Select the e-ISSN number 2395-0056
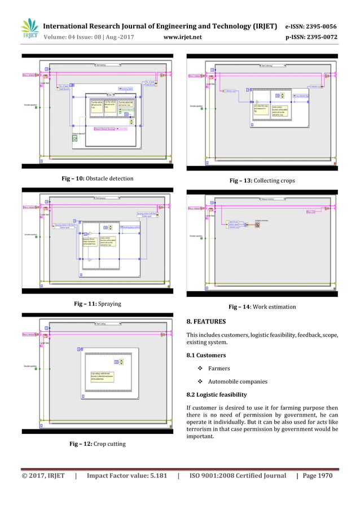(x=318, y=27)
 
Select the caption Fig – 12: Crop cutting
(x=98, y=444)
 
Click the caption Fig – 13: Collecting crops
(x=262, y=181)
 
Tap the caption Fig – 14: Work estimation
(x=262, y=307)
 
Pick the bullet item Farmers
(x=219, y=368)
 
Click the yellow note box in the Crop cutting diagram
(x=102, y=376)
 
